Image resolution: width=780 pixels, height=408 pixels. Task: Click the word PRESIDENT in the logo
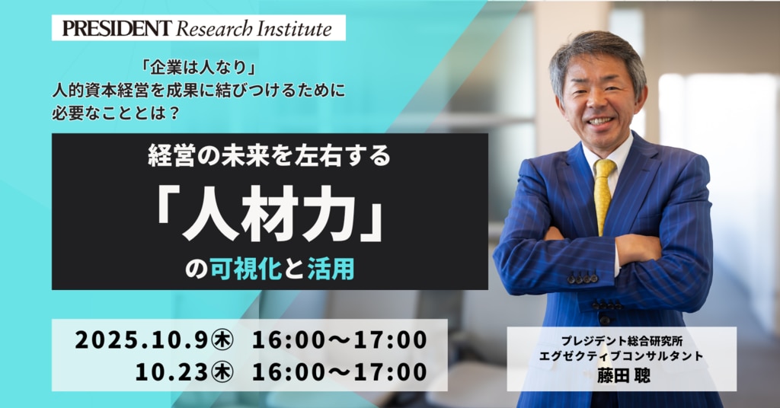pyautogui.click(x=117, y=28)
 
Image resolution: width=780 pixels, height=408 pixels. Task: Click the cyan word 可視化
pyautogui.click(x=246, y=270)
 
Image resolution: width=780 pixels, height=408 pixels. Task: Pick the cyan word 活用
pyautogui.click(x=331, y=270)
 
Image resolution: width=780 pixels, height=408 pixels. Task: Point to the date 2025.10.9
pyautogui.click(x=141, y=340)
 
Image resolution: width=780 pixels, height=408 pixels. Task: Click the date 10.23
pyautogui.click(x=171, y=372)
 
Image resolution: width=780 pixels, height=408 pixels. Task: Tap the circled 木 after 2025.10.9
pyautogui.click(x=222, y=340)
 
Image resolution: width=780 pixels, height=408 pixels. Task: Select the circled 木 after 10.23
pyautogui.click(x=222, y=372)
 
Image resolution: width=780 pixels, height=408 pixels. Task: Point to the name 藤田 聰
pyautogui.click(x=624, y=375)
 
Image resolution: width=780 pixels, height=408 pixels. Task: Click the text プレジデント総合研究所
pyautogui.click(x=622, y=342)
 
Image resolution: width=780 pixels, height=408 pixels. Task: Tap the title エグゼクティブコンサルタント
pyautogui.click(x=622, y=356)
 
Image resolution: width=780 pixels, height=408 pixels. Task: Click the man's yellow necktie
pyautogui.click(x=604, y=194)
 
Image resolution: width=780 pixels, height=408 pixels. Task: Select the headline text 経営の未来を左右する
pyautogui.click(x=269, y=156)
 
